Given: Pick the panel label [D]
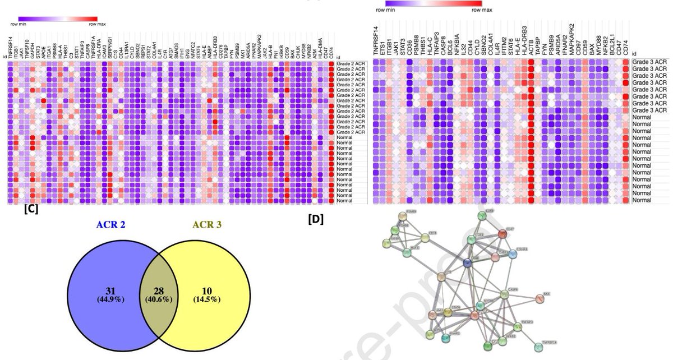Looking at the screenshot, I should [316, 220].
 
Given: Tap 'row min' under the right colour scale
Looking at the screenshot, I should [388, 10].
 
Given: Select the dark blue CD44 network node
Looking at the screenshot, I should [467, 263].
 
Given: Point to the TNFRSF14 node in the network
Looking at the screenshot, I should [538, 347].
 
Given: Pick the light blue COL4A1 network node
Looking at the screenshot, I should [512, 254].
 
